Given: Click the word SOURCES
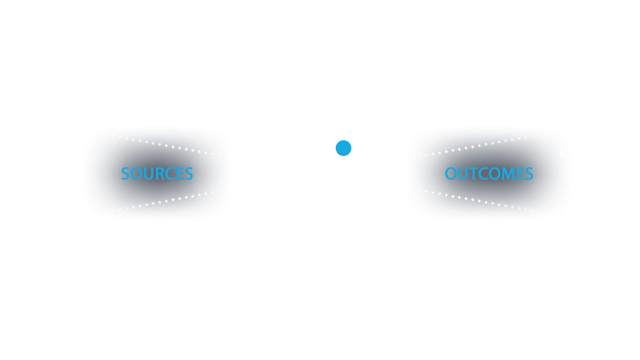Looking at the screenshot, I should [x=157, y=174].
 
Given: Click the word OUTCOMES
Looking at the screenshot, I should [x=489, y=174].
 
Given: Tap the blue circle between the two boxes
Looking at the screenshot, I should [x=343, y=148].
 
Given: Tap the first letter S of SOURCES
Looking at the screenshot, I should [x=125, y=174].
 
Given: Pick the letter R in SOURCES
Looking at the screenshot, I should [x=159, y=174].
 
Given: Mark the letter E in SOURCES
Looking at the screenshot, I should [x=180, y=174].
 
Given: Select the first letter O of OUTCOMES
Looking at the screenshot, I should [x=451, y=174].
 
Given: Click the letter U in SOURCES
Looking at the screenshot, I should [x=148, y=174].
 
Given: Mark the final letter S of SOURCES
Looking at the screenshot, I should [x=189, y=174].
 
